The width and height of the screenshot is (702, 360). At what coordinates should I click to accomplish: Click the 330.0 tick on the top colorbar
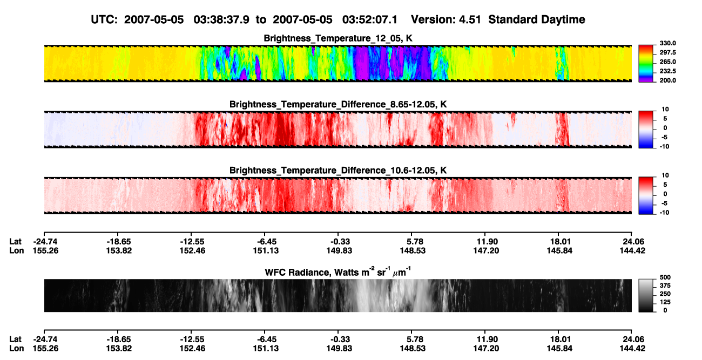pos(667,43)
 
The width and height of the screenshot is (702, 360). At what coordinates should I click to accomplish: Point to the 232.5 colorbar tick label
pos(667,71)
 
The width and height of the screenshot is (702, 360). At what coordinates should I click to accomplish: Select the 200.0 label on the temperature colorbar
pos(667,80)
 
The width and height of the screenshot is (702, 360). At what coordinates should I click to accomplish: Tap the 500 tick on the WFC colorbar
pos(665,277)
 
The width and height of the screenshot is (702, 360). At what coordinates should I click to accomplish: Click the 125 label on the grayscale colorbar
pos(665,302)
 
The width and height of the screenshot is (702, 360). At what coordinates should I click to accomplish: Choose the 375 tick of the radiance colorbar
pos(665,286)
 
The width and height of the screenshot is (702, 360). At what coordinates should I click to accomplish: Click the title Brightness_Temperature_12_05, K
pos(338,38)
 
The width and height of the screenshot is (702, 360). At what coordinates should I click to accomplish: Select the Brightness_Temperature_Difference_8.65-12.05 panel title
pos(338,104)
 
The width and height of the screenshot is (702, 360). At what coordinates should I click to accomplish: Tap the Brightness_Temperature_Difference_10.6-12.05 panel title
pos(338,171)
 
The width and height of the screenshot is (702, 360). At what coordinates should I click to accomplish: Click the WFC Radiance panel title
pos(338,272)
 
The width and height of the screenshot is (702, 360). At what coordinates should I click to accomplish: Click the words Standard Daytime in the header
pos(537,20)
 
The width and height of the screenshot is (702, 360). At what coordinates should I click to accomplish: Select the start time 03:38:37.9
pos(221,20)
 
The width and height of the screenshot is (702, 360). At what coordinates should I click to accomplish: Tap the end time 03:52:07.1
pos(370,20)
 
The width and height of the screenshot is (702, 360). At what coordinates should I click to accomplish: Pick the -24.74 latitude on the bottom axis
pos(46,339)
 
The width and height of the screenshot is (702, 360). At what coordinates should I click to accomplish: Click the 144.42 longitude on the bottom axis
pos(632,349)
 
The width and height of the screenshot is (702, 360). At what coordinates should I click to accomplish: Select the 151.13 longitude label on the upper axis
pos(266,251)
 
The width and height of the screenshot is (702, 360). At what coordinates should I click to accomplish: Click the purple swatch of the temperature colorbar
pos(646,79)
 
